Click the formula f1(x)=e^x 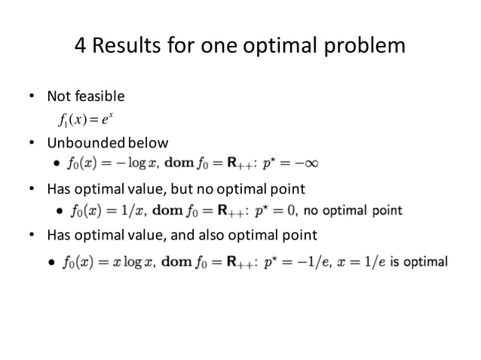coord(84,119)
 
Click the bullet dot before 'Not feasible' coord(32,96)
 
